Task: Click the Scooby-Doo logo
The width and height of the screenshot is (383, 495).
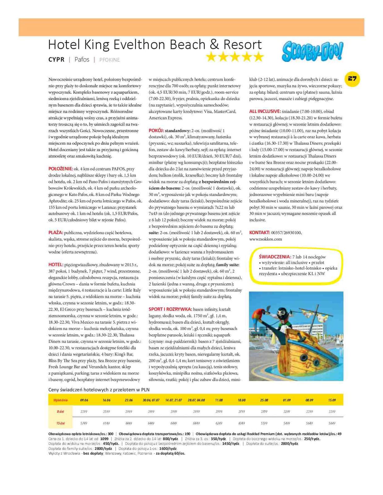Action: click(312, 51)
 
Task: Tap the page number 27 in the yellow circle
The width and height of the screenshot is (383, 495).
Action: click(352, 78)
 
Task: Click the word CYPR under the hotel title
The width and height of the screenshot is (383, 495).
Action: click(56, 59)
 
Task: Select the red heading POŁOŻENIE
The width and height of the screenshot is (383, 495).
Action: click(61, 169)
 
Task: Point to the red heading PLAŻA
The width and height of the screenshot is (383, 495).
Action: click(56, 232)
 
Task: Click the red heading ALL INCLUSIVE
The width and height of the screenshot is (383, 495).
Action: click(265, 111)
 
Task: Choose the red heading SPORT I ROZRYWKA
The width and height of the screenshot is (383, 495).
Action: click(170, 309)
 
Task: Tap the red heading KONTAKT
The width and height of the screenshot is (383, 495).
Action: click(260, 232)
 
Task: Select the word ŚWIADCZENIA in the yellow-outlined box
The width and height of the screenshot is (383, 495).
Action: click(275, 257)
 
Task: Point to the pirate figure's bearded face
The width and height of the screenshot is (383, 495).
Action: click(282, 315)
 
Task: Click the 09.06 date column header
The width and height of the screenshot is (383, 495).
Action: click(84, 400)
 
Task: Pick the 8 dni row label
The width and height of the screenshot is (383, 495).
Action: click(60, 412)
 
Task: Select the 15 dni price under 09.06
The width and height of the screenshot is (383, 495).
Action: click(84, 423)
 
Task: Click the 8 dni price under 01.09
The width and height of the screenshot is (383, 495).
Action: click(287, 412)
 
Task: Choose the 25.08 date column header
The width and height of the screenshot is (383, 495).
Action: click(264, 400)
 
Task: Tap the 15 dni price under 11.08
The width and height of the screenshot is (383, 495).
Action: click(219, 423)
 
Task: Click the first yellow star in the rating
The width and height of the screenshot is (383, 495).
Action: click(211, 57)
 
